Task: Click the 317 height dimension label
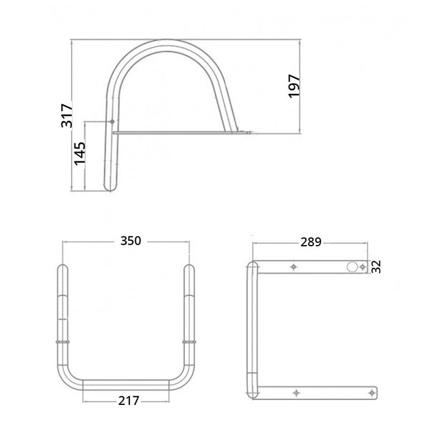[x=66, y=116]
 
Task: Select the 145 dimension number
[x=79, y=154]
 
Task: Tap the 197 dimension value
[x=295, y=86]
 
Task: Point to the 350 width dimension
[x=130, y=241]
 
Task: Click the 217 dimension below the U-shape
[x=129, y=400]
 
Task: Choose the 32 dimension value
[x=377, y=267]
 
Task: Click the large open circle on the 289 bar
[x=352, y=267]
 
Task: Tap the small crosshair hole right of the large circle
[x=363, y=267]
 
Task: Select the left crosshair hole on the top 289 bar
[x=293, y=267]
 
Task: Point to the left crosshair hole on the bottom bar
[x=295, y=393]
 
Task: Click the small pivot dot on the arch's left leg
[x=112, y=122]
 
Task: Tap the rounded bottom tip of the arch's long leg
[x=110, y=189]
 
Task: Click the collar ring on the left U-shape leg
[x=63, y=342]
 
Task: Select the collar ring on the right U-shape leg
[x=189, y=342]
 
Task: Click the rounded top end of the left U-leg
[x=63, y=266]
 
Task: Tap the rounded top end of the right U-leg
[x=189, y=266]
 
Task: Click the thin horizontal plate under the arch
[x=177, y=131]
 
